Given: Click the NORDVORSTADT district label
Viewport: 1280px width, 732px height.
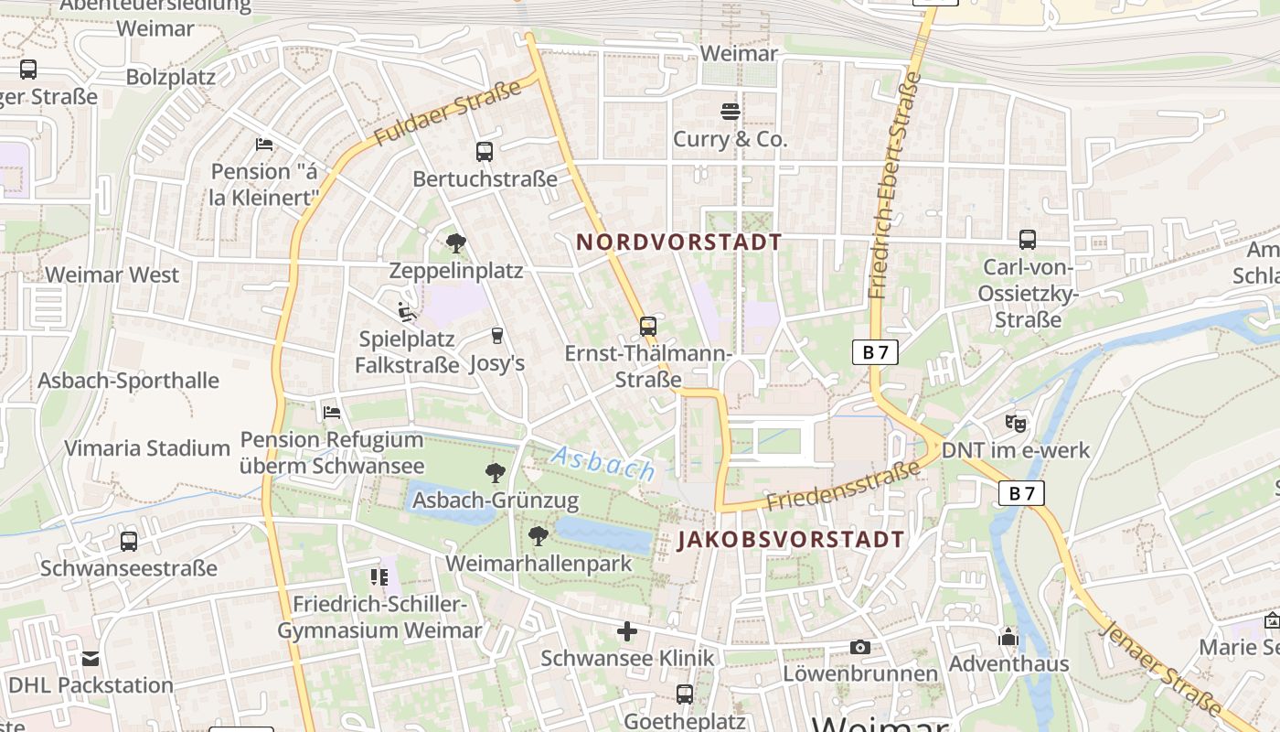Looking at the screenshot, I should [678, 242].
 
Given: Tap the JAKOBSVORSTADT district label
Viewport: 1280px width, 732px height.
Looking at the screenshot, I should [791, 540].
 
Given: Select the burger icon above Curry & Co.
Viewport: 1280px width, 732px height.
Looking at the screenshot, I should [731, 112].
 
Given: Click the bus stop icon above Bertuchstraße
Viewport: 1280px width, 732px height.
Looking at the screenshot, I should [485, 152].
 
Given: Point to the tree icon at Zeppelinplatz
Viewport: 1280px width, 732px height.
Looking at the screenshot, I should [455, 243].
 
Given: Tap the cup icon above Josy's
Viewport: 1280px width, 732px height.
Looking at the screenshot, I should [496, 336].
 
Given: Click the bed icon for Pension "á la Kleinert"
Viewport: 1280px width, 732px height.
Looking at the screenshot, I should [264, 145].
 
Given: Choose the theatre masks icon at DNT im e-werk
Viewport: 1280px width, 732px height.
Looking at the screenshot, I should [1016, 423].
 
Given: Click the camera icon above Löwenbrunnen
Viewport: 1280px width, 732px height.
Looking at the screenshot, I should [859, 648].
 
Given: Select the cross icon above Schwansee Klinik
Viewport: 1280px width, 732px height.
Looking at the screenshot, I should [627, 631].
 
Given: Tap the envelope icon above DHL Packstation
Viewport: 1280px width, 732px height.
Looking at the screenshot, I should [91, 659].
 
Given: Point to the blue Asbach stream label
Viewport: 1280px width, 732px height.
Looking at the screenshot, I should [603, 463].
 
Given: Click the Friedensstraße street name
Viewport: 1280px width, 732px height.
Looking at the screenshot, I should [843, 487].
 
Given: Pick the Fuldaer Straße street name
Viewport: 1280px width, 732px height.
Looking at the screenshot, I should [447, 112].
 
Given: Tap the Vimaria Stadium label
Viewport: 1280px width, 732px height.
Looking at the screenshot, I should [146, 448].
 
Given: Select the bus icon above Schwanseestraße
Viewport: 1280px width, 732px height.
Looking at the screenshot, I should [129, 541].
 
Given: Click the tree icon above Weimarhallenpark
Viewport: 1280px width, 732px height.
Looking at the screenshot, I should [539, 535].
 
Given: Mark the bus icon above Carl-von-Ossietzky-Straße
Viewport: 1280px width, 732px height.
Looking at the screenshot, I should [1028, 240].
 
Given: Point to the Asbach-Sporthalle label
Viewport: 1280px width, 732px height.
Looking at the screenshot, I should [128, 381].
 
